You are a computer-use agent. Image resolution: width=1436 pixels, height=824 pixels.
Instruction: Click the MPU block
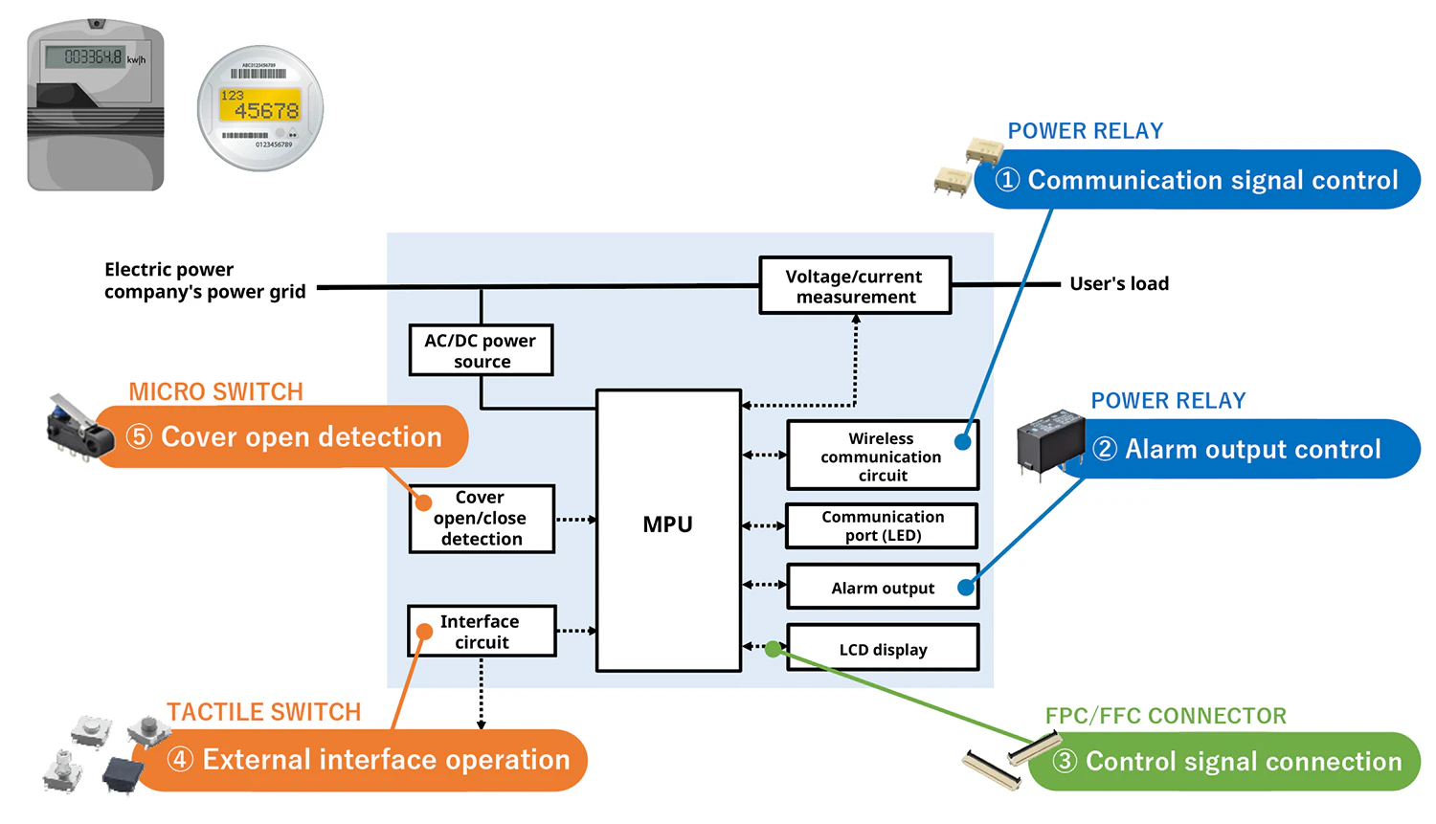click(668, 529)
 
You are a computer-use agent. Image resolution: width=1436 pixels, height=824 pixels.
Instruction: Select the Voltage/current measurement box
click(855, 285)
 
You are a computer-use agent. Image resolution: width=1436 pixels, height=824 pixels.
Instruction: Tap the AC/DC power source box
click(481, 350)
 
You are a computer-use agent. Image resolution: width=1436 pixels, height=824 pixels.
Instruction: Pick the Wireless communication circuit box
click(882, 456)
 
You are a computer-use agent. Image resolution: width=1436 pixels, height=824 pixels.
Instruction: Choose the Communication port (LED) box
click(882, 525)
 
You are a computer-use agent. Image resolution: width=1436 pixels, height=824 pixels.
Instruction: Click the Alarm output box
click(882, 588)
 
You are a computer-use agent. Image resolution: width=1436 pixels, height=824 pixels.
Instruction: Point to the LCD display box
click(882, 649)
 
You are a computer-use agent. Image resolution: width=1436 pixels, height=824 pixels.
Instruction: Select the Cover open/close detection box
click(482, 519)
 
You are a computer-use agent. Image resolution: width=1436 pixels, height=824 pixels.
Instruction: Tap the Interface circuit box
click(482, 632)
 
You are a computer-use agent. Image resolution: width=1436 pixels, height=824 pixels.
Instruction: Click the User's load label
click(1119, 283)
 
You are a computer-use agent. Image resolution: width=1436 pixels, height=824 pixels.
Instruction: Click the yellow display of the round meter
click(260, 104)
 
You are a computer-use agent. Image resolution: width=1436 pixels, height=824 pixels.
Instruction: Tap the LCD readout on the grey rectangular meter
click(93, 57)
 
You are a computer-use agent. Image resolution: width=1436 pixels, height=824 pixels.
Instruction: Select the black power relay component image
click(1050, 442)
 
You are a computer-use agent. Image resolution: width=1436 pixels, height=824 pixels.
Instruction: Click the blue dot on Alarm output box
click(966, 588)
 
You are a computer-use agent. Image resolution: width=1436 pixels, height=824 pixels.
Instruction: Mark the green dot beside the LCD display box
click(774, 649)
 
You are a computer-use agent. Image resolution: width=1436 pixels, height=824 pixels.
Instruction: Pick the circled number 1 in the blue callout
click(1007, 180)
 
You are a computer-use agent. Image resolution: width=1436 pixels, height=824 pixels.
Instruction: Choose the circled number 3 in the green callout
click(1065, 762)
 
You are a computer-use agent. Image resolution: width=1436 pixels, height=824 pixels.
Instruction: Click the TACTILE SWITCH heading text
click(264, 712)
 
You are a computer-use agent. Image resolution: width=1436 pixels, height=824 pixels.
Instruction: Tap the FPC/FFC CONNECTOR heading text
click(1165, 716)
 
